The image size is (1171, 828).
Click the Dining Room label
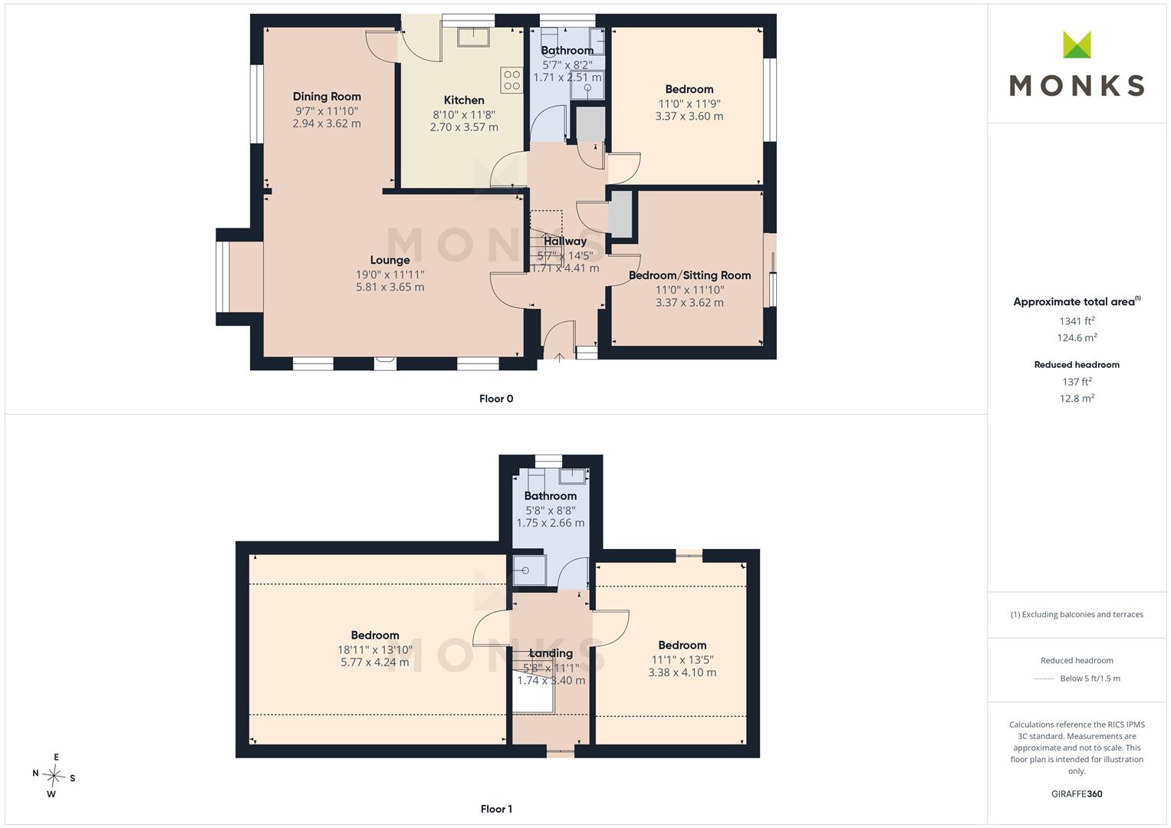[x=327, y=96]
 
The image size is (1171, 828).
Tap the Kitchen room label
[x=464, y=100]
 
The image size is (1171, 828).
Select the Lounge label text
[x=390, y=260]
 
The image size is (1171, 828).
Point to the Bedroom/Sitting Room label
[x=689, y=275]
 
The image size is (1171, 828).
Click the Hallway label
[x=565, y=241]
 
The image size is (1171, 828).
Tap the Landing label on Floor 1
[x=551, y=653]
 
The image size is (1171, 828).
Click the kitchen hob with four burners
[x=511, y=80]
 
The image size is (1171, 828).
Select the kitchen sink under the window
[x=474, y=37]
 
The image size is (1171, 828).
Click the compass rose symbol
[x=54, y=775]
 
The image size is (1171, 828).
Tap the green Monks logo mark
[x=1077, y=44]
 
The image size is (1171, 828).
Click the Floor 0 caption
[x=496, y=399]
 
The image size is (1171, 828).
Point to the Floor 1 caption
[x=496, y=809]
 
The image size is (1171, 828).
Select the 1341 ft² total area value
[x=1077, y=321]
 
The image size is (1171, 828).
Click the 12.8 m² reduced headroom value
[x=1077, y=399]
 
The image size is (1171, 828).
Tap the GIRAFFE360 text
[x=1077, y=794]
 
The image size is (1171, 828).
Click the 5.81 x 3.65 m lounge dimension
[x=390, y=287]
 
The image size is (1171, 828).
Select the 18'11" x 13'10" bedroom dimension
[x=375, y=650]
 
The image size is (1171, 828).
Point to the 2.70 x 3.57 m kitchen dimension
[x=464, y=127]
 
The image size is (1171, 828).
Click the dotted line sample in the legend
[x=1044, y=679]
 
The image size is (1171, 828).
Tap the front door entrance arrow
[x=559, y=357]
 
